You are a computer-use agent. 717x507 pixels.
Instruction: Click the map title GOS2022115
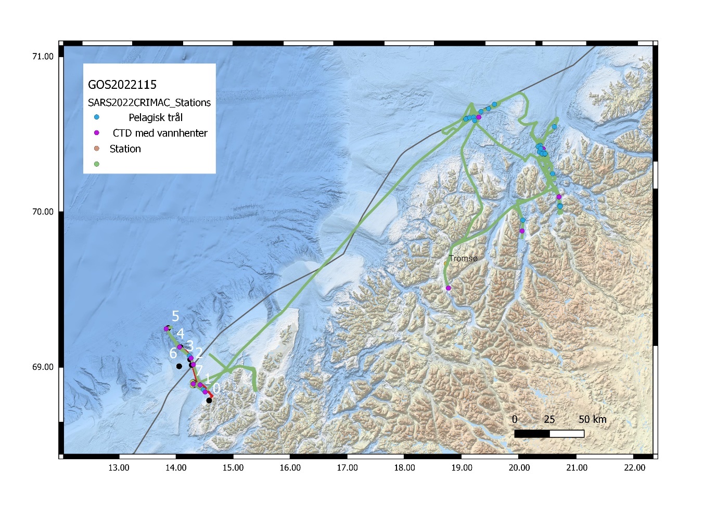click(x=122, y=85)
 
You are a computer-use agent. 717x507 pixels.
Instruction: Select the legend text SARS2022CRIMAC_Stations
click(x=149, y=102)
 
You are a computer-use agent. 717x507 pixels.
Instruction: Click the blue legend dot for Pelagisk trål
click(x=96, y=117)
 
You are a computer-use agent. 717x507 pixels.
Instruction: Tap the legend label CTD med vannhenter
click(x=160, y=133)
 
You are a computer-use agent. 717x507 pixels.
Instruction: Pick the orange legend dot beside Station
click(x=96, y=149)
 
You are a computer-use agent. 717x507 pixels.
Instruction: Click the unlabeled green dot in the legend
click(x=96, y=164)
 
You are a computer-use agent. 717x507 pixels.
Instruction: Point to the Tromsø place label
click(x=463, y=258)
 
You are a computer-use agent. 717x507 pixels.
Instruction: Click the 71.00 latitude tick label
click(x=43, y=57)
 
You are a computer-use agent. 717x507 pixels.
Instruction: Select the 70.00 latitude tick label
click(x=43, y=212)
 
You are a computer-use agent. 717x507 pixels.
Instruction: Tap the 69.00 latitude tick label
click(x=43, y=367)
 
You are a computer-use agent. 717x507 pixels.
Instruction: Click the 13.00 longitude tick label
click(x=119, y=468)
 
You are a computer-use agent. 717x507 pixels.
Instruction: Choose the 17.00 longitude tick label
click(x=347, y=468)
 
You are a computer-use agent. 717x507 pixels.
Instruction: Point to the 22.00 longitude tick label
click(x=634, y=468)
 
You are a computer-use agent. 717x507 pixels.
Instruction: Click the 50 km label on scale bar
click(x=592, y=419)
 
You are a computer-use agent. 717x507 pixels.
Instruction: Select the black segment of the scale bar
click(x=532, y=433)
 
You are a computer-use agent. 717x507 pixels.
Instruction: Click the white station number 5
click(x=175, y=316)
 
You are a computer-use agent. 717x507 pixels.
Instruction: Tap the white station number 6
click(x=173, y=354)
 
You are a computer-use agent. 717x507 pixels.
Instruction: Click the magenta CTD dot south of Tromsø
click(x=448, y=288)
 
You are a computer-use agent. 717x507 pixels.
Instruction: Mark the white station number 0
click(x=216, y=388)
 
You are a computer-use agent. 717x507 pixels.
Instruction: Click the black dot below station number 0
click(x=209, y=401)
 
